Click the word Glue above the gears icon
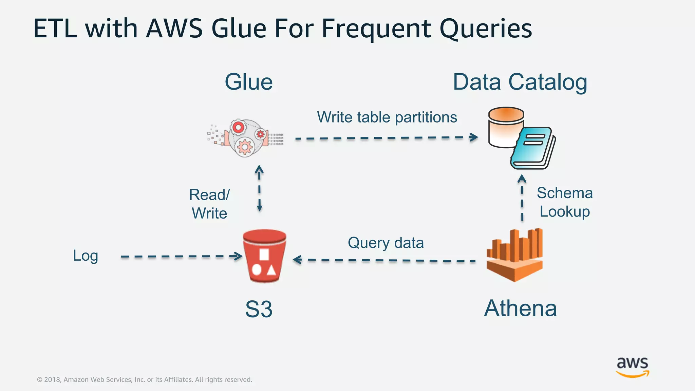pos(249,82)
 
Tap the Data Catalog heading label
pos(520,82)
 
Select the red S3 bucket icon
pos(264,256)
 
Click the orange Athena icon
pos(514,255)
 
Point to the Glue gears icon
pos(245,137)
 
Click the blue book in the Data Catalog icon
pos(533,149)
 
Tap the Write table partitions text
pos(387,117)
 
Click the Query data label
pos(386,243)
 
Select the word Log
pos(86,256)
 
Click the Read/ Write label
pos(209,204)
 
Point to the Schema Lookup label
pos(565,202)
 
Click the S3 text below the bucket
pos(259,309)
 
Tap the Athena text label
pos(520,309)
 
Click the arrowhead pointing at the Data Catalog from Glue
pos(474,137)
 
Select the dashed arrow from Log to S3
pos(180,256)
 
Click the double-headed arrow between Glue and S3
pos(259,188)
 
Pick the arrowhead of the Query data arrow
pos(297,260)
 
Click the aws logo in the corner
pos(632,367)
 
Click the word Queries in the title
pos(486,29)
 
